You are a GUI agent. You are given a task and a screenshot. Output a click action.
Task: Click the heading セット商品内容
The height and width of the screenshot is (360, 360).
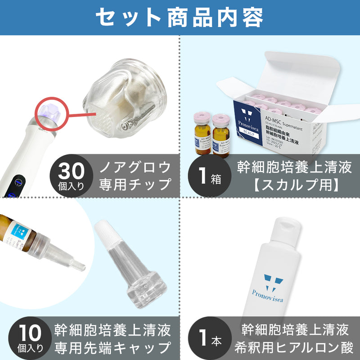pos(180,17)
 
